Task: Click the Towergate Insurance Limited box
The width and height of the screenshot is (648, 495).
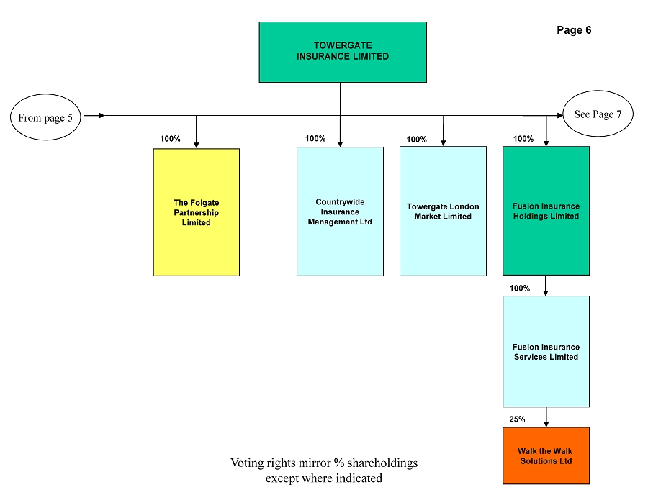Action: coord(343,52)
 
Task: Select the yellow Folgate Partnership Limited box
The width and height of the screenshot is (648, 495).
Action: coord(197,212)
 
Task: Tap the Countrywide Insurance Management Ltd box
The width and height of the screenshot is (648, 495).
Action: coord(340,212)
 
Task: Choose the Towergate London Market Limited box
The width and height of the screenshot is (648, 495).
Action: coord(443,211)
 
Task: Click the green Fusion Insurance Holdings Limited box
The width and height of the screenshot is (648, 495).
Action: coord(546,211)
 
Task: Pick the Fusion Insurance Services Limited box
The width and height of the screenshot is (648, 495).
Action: coord(546,351)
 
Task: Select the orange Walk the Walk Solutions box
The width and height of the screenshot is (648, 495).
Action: coord(546,455)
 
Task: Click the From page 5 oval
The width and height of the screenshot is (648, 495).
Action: coord(45,117)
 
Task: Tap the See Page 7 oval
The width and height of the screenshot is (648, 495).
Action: coord(598,114)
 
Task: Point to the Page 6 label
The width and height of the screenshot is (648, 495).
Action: coord(574,30)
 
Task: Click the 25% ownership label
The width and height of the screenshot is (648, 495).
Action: coord(517,419)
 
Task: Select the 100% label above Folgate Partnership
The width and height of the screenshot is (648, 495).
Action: coord(170,139)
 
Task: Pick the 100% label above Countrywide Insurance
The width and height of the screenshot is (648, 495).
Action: coord(315,138)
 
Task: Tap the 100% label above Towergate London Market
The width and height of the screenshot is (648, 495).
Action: coord(417,139)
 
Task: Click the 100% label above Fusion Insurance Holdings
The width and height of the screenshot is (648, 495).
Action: coord(523,139)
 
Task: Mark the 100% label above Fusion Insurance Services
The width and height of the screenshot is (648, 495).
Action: coord(519,289)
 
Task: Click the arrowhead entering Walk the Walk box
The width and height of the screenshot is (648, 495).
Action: coord(546,424)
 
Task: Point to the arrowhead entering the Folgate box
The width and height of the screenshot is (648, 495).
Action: coord(197,145)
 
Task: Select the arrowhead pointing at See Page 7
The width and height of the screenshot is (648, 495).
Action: coord(560,116)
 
